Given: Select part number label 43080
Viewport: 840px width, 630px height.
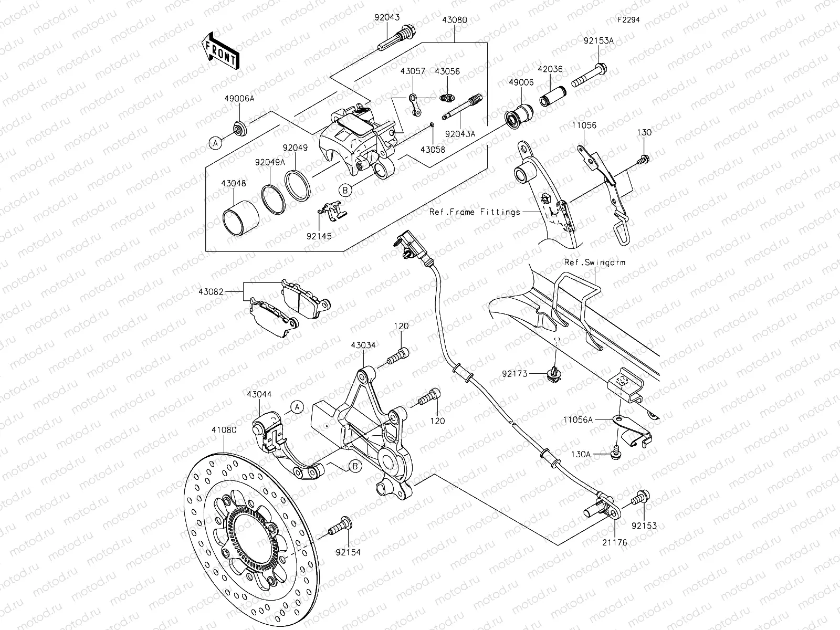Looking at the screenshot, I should [455, 19].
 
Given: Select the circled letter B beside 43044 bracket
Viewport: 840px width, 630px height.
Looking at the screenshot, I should [354, 466].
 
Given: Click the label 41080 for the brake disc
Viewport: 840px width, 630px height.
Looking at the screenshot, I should [224, 429].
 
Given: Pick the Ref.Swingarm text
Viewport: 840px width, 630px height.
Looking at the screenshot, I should [595, 262].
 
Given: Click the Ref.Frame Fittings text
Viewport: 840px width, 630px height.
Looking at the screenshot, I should [475, 212].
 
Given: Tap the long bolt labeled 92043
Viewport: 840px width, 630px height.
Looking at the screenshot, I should [397, 39].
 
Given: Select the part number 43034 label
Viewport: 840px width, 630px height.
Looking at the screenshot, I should [363, 345].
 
